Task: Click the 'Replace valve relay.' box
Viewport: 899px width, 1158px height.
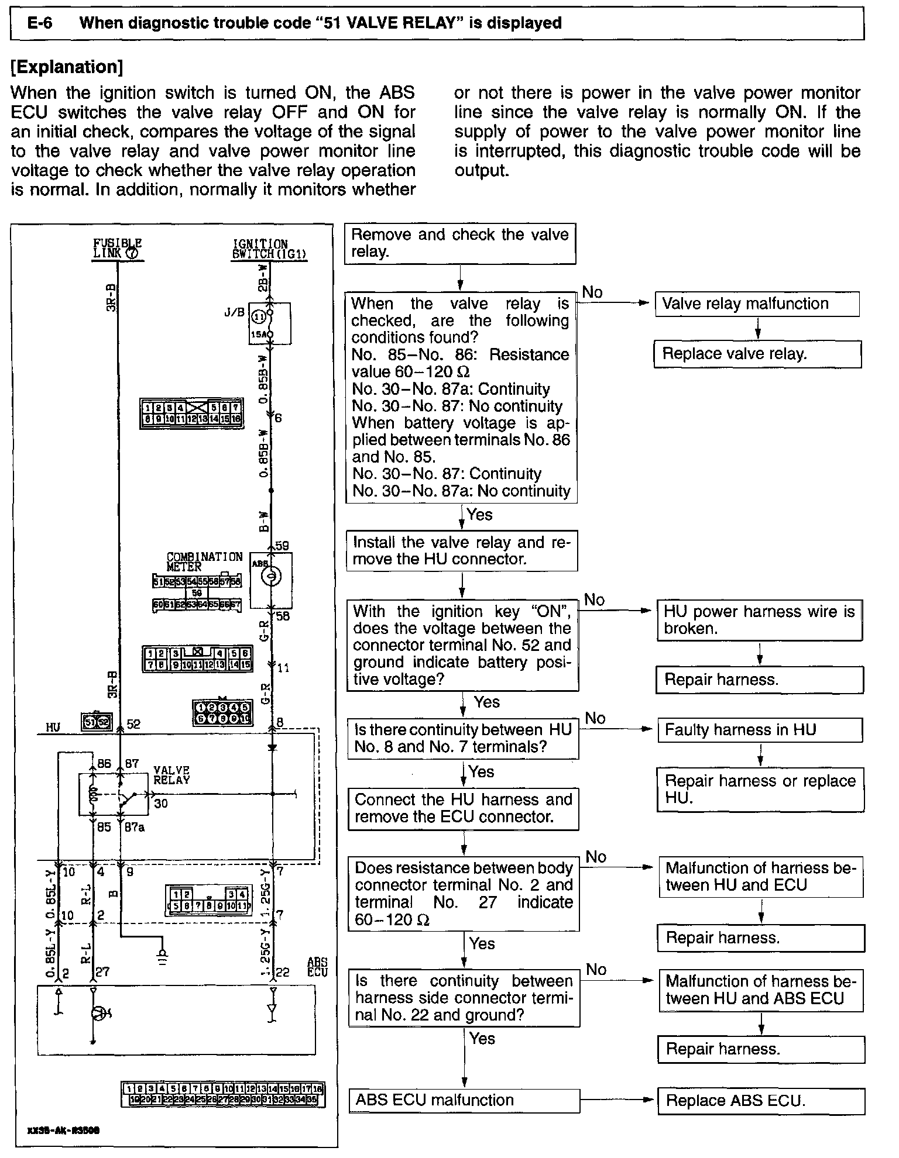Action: (x=757, y=354)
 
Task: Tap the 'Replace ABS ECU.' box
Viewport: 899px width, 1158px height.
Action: (x=761, y=1101)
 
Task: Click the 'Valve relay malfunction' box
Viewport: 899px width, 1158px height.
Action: (x=757, y=304)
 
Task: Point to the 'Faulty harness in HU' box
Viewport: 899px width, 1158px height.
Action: (x=760, y=730)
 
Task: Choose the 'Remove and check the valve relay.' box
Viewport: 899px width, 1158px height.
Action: (x=459, y=243)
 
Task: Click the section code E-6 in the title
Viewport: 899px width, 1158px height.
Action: (x=40, y=23)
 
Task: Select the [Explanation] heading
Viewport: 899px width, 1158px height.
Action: (x=67, y=67)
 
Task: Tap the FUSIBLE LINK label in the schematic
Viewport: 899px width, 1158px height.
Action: (x=117, y=249)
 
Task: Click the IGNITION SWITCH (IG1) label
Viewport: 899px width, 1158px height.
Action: (x=269, y=249)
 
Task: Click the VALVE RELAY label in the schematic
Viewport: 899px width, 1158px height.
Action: (x=171, y=775)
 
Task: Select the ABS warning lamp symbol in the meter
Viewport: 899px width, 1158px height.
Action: (x=270, y=578)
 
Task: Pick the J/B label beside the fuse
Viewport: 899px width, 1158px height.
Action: (x=234, y=312)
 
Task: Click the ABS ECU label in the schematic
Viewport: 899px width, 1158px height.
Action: (x=318, y=967)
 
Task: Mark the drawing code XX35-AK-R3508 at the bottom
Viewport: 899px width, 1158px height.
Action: (x=63, y=1130)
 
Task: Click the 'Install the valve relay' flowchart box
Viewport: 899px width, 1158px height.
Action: (x=461, y=550)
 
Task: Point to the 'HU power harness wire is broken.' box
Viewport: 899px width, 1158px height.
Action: (x=759, y=620)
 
